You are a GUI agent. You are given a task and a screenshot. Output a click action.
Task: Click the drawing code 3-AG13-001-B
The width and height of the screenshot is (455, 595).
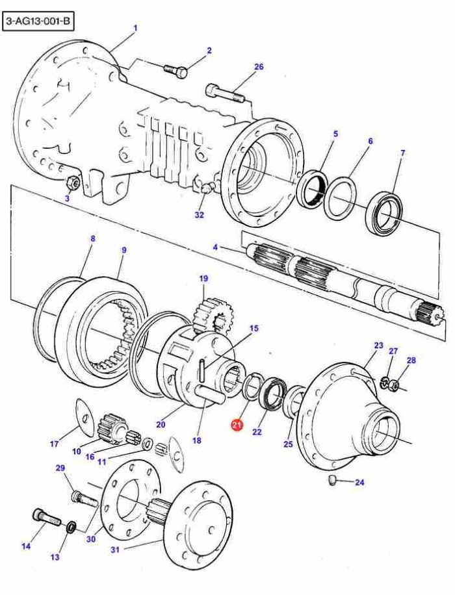tap(38, 22)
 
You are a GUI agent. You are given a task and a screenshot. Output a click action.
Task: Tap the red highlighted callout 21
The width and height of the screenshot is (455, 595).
tap(237, 425)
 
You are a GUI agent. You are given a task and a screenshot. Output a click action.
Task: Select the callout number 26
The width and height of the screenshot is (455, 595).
tap(259, 67)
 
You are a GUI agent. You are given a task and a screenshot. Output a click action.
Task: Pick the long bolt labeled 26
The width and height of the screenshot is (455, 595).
tap(225, 94)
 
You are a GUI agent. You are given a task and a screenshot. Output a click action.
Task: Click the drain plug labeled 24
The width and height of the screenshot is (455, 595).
tap(332, 481)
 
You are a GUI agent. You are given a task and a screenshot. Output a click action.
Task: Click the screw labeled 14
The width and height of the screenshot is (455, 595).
tap(45, 517)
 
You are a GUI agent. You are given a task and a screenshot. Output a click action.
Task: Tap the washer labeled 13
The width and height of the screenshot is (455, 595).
tap(71, 527)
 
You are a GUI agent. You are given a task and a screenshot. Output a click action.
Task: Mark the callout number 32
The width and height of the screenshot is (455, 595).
tap(200, 215)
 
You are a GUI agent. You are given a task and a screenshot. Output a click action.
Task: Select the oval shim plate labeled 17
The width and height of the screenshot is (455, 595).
tap(84, 416)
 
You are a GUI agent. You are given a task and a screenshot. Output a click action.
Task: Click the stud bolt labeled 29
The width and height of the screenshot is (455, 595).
tap(84, 498)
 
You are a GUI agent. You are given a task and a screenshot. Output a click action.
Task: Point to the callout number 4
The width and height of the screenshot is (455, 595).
tap(215, 247)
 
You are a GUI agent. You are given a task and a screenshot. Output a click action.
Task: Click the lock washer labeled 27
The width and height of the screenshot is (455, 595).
tap(385, 383)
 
